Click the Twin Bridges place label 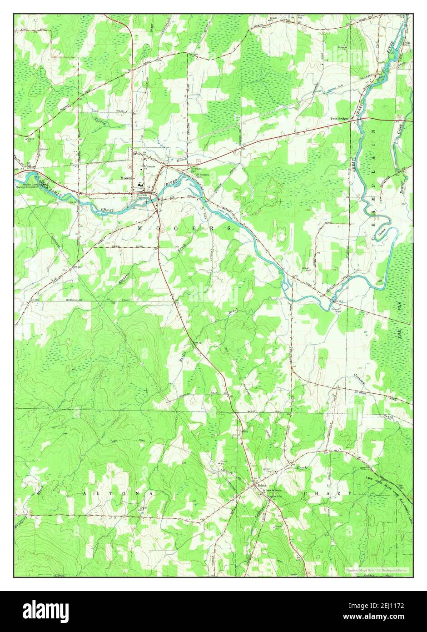[339, 119]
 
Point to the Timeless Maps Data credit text [377, 570]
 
